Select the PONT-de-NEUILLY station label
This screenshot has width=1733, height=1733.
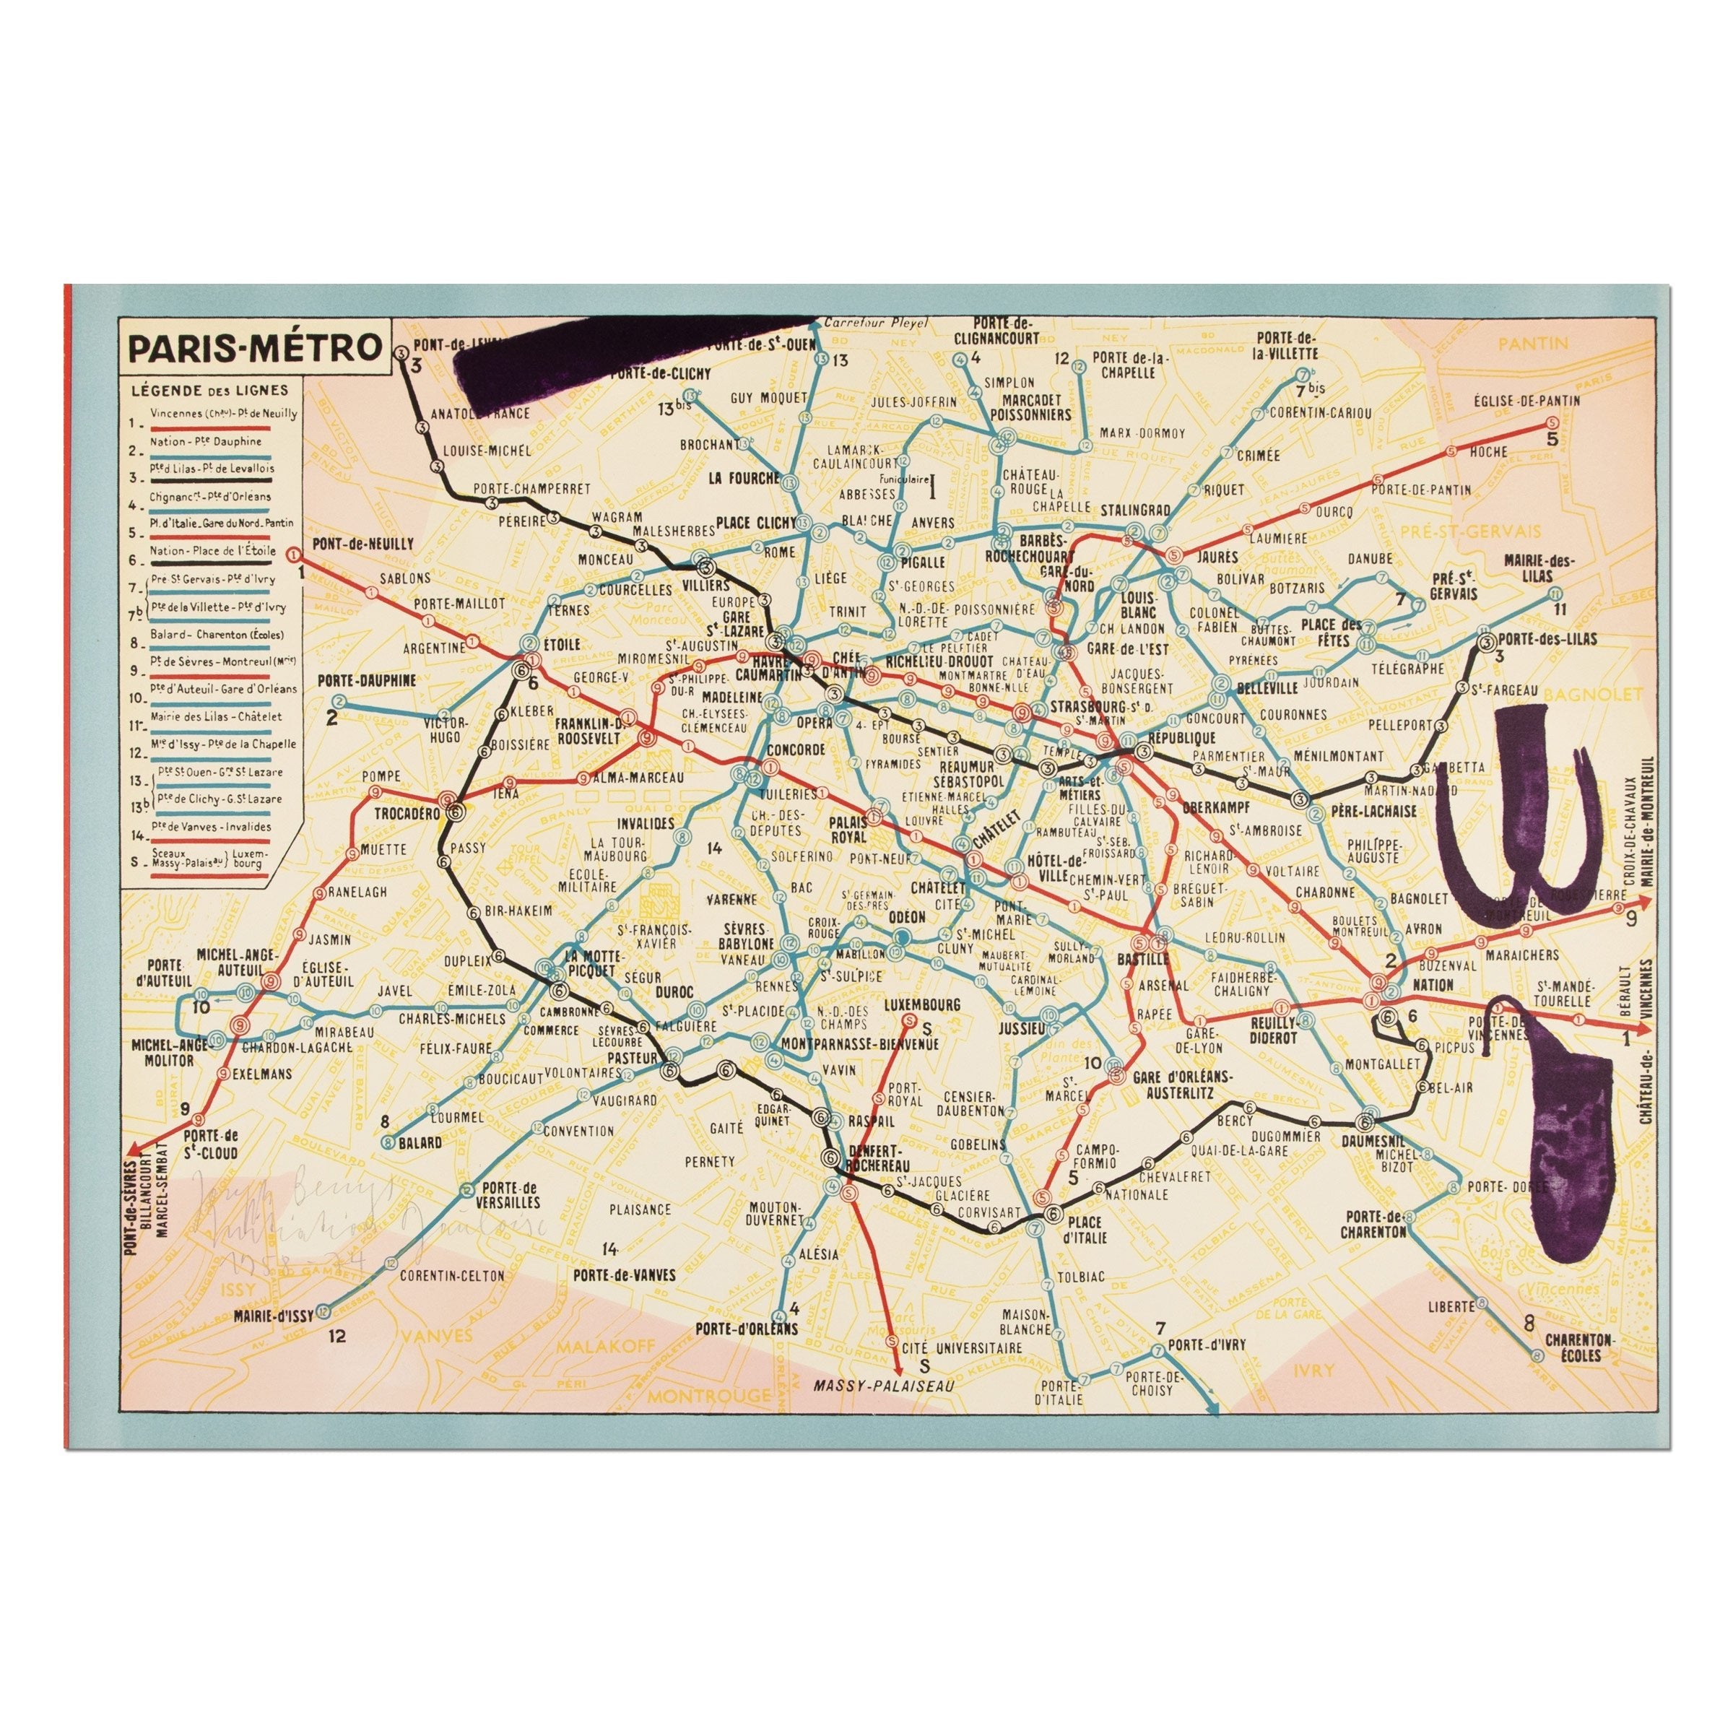point(363,544)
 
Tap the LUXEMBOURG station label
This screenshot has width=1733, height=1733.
point(922,1004)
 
